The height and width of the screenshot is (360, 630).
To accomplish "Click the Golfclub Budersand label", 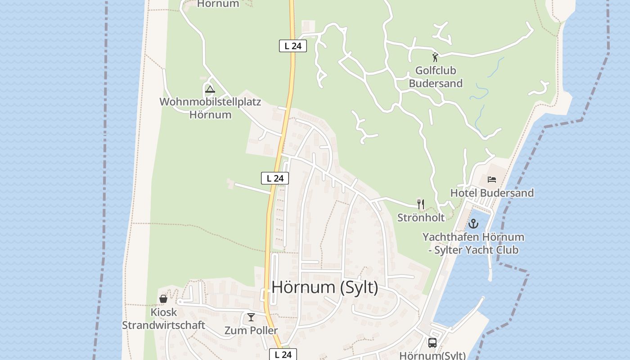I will click(x=435, y=77).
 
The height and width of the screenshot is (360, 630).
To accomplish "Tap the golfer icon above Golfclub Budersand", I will click(x=435, y=57).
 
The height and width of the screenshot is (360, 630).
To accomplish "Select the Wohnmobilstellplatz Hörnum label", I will click(x=210, y=108).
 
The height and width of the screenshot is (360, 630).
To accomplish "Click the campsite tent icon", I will click(x=210, y=89).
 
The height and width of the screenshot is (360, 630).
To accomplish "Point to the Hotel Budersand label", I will click(x=492, y=193).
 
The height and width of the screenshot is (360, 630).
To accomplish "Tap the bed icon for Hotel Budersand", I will click(x=492, y=180).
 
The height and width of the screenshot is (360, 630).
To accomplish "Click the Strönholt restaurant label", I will click(x=421, y=218).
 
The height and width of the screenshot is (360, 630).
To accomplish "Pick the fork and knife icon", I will click(x=421, y=204).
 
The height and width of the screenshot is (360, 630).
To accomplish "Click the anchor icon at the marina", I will click(x=473, y=223).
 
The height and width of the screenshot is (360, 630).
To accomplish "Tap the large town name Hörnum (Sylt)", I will click(x=325, y=287).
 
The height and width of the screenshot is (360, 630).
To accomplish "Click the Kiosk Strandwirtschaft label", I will click(x=163, y=319).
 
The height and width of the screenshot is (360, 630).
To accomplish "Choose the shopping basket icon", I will click(x=163, y=299).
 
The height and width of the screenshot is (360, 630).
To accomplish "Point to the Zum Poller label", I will click(x=251, y=330).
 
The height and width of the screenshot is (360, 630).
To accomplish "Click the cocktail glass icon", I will click(x=251, y=317).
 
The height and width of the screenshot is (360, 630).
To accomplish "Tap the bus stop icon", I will click(x=432, y=343).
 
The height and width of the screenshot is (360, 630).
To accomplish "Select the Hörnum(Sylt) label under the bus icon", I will click(x=432, y=355).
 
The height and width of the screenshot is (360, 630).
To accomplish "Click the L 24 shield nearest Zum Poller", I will click(x=283, y=354).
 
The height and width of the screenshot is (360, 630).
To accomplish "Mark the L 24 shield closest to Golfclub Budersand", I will click(x=293, y=46).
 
